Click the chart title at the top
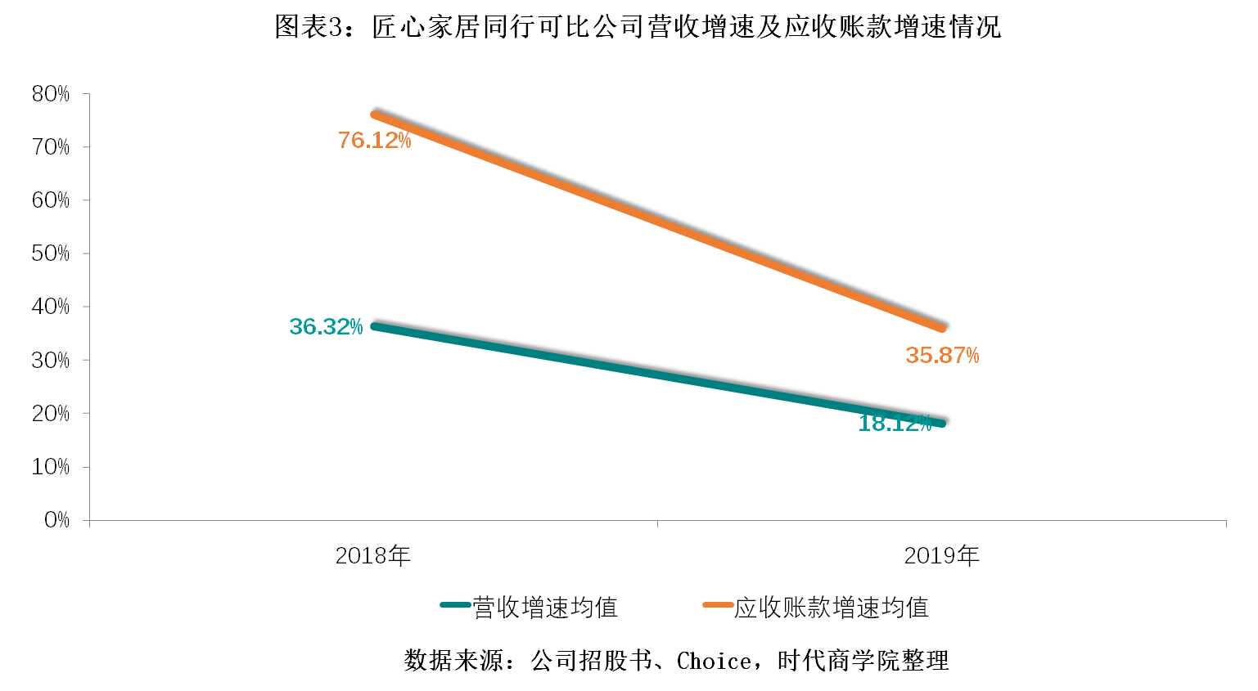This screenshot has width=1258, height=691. pos(637,27)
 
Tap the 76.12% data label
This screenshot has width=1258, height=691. pos(374,141)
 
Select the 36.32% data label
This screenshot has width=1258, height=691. pos(326,327)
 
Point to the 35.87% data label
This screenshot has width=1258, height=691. pos(942,356)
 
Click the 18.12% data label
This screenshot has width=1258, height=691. pos(895,424)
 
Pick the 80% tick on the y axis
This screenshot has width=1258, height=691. pos(51,94)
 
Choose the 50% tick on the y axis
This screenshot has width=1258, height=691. pos(51,254)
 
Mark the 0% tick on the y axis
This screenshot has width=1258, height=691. pos(56,520)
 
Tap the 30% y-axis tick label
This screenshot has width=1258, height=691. pos(51,361)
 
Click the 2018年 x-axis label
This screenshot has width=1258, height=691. pos(372,556)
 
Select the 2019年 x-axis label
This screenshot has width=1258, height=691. pos(941,556)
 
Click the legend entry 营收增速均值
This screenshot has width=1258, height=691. pos(545,608)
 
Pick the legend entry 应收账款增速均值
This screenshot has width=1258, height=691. pos(831,608)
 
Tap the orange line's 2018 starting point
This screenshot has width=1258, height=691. pos(374,114)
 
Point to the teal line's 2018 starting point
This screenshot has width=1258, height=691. pos(374,326)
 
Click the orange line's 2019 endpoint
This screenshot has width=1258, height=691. pos(943,328)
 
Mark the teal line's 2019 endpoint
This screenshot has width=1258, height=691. pos(943,423)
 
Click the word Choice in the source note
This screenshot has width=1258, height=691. pos(714,661)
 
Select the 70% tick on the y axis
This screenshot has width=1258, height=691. pos(51,147)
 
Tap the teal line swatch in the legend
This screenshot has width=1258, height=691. pos(455,605)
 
